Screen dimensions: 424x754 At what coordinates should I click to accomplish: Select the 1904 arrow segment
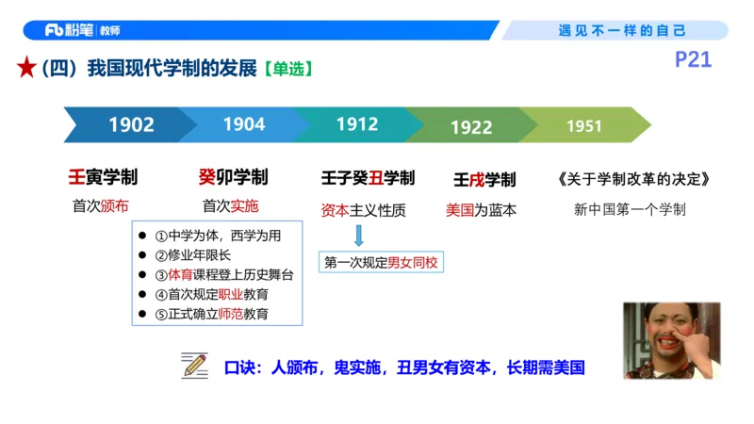pos(243,124)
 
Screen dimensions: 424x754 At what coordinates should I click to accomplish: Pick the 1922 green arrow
pos(470,126)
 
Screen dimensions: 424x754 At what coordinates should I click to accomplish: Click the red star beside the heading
pos(26,69)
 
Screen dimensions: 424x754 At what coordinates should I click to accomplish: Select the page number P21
pos(693,61)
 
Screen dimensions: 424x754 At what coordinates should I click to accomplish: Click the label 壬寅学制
pos(103,178)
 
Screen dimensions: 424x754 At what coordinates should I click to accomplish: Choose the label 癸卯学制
pos(233,178)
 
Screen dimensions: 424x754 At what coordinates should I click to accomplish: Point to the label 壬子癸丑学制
pos(368,179)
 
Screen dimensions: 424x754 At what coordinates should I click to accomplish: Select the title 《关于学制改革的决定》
pos(632,179)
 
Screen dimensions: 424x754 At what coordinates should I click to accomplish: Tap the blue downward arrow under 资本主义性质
pos(358,236)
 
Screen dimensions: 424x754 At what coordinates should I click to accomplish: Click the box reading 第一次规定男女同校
pos(382,263)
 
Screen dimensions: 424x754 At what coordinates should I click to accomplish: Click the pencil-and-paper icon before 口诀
pos(195,366)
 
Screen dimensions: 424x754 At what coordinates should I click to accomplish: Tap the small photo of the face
pos(671,339)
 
